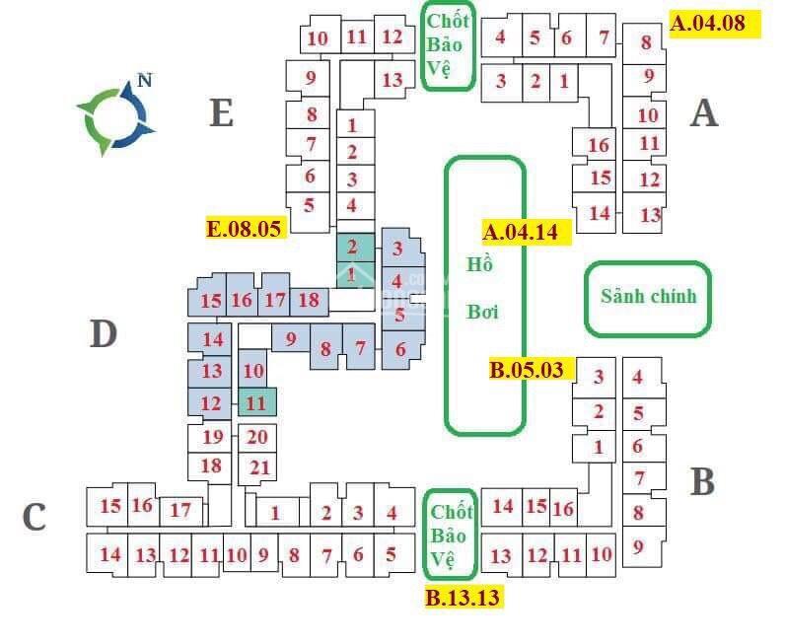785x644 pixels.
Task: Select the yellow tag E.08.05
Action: point(245,228)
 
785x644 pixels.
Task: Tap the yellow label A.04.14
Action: point(527,232)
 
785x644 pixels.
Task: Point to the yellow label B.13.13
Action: point(463,596)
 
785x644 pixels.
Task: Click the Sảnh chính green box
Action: point(648,297)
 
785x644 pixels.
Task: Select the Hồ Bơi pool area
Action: point(484,295)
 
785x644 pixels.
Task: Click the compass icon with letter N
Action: point(116,115)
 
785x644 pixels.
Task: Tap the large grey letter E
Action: point(221,113)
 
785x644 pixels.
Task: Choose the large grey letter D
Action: point(103,334)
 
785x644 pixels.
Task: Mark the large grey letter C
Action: point(35,516)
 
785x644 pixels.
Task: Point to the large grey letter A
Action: point(703,113)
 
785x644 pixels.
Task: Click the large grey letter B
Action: point(702,482)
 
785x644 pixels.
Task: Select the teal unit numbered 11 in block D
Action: point(256,402)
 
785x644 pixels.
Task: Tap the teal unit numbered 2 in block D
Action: point(353,248)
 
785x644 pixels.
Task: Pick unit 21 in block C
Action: point(260,466)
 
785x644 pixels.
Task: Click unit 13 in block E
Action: point(392,80)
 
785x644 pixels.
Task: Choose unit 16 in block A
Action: point(599,146)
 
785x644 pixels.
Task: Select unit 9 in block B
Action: point(638,544)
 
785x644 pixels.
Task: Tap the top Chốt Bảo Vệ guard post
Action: point(449,45)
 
